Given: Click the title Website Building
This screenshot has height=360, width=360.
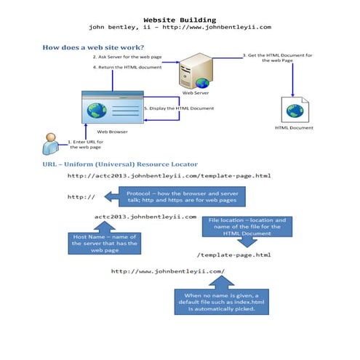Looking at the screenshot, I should [x=180, y=20].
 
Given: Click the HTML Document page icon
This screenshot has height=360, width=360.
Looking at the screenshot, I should [x=294, y=110].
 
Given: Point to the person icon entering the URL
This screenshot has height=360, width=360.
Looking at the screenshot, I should [x=50, y=144].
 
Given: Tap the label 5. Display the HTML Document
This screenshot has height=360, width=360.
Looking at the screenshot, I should [x=179, y=108].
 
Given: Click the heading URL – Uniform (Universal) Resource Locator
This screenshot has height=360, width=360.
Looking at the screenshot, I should [x=120, y=164].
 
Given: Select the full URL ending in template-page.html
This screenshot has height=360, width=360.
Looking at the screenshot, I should [x=169, y=176].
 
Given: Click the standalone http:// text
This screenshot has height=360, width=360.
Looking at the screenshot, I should [x=81, y=197].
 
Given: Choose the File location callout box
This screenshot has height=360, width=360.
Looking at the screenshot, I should [x=247, y=227].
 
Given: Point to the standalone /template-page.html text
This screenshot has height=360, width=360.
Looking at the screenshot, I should [x=234, y=255].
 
